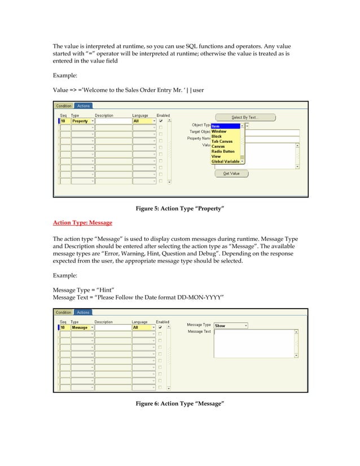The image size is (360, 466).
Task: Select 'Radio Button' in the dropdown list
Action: click(x=223, y=151)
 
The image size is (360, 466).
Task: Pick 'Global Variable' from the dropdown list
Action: click(x=225, y=161)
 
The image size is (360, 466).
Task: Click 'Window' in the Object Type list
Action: click(x=219, y=131)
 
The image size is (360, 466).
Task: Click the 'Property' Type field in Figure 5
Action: click(x=80, y=121)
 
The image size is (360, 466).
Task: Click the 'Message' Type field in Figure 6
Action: click(x=80, y=328)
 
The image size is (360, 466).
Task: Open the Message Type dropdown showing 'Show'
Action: click(x=231, y=326)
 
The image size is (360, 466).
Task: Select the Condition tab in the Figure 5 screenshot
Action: click(x=64, y=105)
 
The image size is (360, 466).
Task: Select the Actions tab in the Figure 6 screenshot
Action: click(x=83, y=313)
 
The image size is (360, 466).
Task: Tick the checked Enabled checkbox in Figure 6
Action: click(x=161, y=328)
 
